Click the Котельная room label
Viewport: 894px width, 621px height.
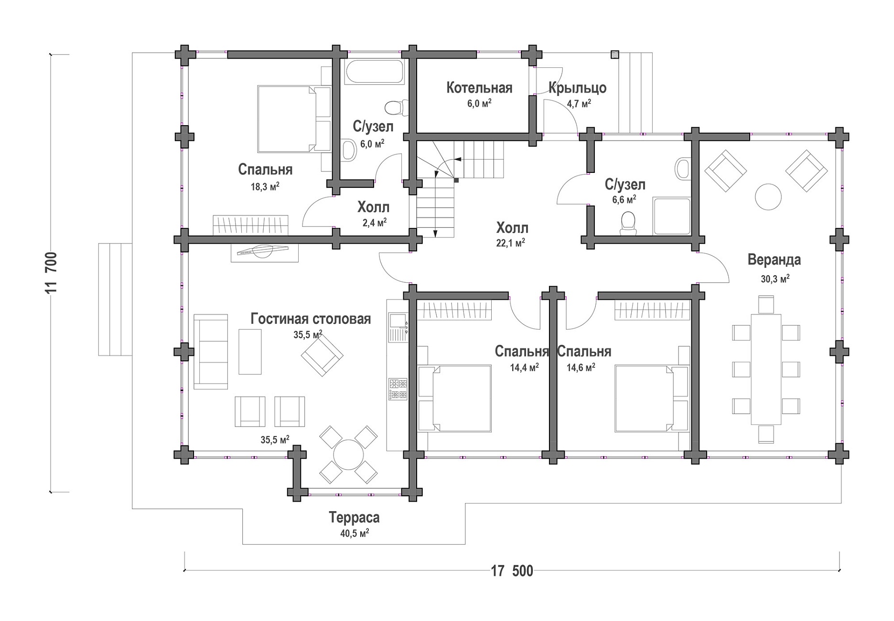(479, 88)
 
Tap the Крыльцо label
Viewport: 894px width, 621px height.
(577, 88)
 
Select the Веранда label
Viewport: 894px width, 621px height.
(774, 260)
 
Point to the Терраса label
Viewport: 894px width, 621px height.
(354, 517)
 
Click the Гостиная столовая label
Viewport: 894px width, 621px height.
(311, 319)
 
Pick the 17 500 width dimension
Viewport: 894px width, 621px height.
(512, 571)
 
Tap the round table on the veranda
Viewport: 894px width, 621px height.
(768, 197)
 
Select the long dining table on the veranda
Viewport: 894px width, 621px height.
(766, 369)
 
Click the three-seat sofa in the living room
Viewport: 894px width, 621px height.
(211, 352)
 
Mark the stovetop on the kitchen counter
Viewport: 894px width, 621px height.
(398, 389)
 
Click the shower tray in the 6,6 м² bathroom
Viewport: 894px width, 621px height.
(672, 216)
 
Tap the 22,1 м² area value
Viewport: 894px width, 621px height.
(510, 243)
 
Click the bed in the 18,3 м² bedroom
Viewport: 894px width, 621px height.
(294, 119)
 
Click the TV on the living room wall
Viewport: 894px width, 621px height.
(264, 250)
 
